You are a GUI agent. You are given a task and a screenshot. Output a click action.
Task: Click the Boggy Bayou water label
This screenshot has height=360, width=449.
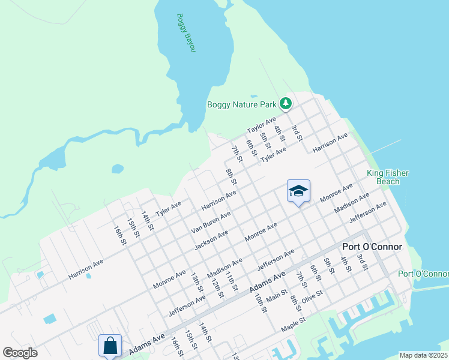(x=186, y=32)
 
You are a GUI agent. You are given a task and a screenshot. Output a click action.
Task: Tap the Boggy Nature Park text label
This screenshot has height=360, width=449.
(x=242, y=104)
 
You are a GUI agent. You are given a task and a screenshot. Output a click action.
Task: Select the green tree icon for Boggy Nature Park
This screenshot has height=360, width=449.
(x=286, y=104)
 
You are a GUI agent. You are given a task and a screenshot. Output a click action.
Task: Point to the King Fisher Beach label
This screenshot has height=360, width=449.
(x=387, y=177)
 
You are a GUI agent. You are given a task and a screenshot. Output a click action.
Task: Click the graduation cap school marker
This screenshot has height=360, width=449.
(x=298, y=191)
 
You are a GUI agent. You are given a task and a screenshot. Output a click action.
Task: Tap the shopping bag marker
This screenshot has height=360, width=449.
(x=110, y=346)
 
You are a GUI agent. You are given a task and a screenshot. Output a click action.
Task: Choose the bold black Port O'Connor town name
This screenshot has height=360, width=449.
(x=372, y=247)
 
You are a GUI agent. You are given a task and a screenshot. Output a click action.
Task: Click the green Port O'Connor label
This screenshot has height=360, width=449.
(x=423, y=274)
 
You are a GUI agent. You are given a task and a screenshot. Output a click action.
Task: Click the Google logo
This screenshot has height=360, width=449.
(x=20, y=353)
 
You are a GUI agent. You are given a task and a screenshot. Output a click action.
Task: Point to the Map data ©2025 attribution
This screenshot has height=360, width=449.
(x=423, y=355)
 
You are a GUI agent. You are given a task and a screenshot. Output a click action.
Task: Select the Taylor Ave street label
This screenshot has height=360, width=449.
(x=261, y=126)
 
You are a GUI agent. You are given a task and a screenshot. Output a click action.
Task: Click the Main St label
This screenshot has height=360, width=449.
(x=277, y=296)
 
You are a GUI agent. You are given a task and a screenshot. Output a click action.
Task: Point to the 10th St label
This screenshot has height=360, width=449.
(x=259, y=302)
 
